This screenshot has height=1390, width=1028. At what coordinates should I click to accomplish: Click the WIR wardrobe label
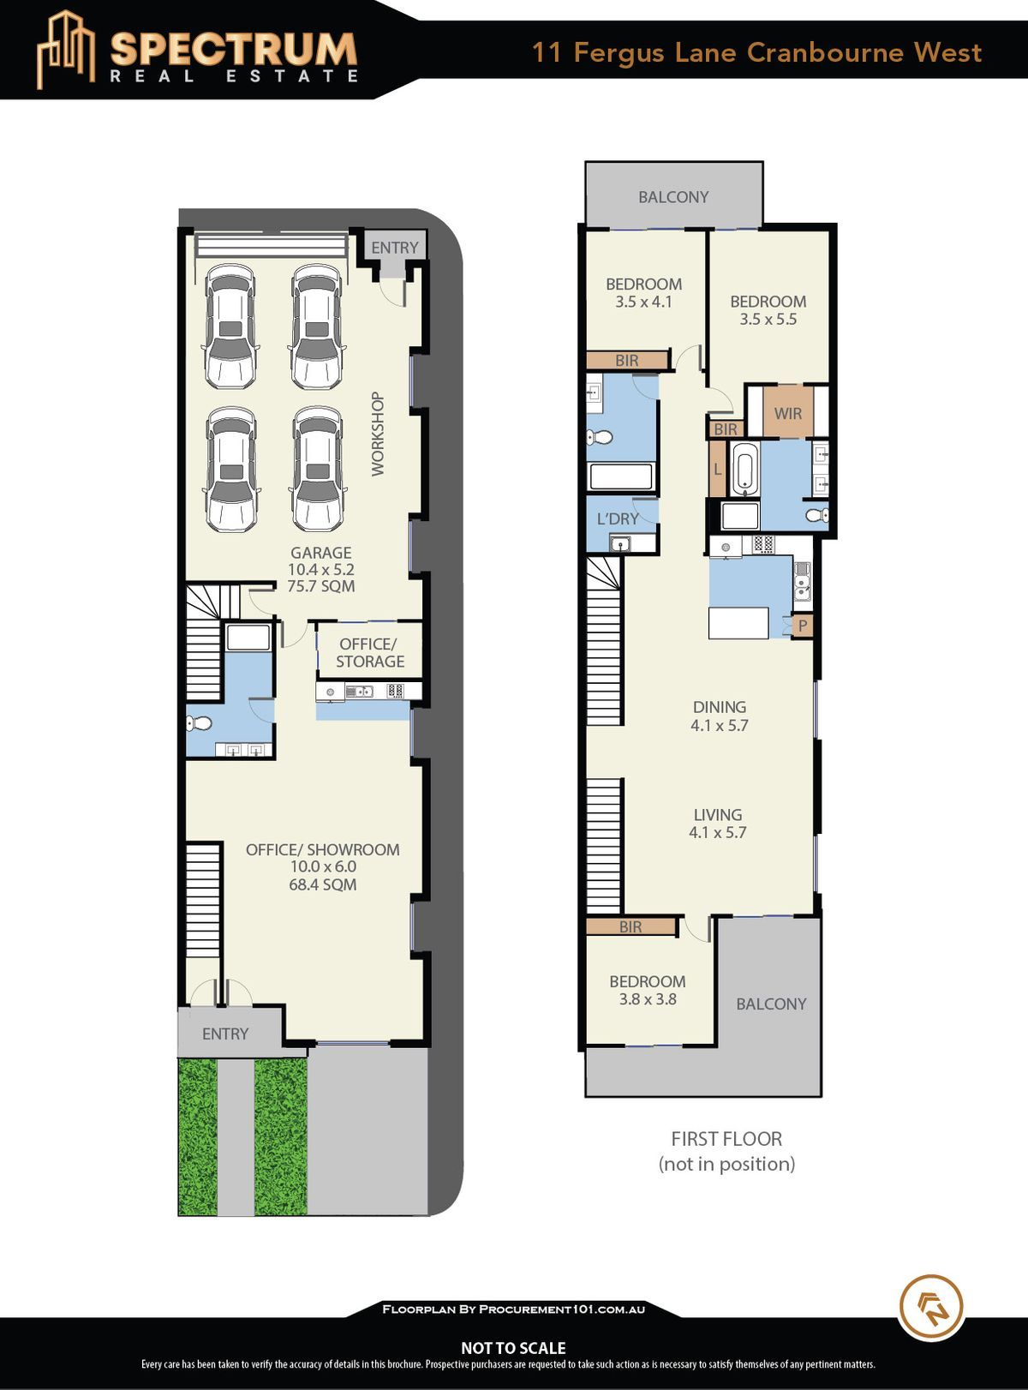pyautogui.click(x=787, y=413)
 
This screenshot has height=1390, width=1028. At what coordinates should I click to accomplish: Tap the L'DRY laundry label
pyautogui.click(x=618, y=519)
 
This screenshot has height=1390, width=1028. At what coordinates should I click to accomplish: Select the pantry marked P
pyautogui.click(x=803, y=626)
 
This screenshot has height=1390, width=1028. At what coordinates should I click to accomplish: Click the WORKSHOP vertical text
pyautogui.click(x=377, y=434)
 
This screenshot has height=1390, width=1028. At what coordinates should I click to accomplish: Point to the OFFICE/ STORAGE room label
pyautogui.click(x=369, y=652)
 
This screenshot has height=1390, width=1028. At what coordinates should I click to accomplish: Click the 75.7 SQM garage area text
pyautogui.click(x=320, y=586)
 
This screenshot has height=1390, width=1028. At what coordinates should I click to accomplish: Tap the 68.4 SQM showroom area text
pyautogui.click(x=323, y=884)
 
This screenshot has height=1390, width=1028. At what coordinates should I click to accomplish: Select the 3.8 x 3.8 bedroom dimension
pyautogui.click(x=648, y=999)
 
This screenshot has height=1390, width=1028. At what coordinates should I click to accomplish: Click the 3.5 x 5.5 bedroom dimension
pyautogui.click(x=768, y=319)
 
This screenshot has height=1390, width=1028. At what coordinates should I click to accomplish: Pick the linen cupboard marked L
pyautogui.click(x=717, y=469)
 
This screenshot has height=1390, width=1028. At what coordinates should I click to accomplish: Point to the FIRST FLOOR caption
pyautogui.click(x=726, y=1139)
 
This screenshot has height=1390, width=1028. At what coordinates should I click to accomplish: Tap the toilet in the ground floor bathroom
pyautogui.click(x=199, y=723)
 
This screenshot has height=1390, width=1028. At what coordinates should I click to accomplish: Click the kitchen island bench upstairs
pyautogui.click(x=738, y=622)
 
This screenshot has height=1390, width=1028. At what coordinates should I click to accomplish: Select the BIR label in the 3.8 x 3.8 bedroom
pyautogui.click(x=631, y=927)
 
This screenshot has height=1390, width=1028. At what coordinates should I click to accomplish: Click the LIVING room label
pyautogui.click(x=717, y=815)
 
